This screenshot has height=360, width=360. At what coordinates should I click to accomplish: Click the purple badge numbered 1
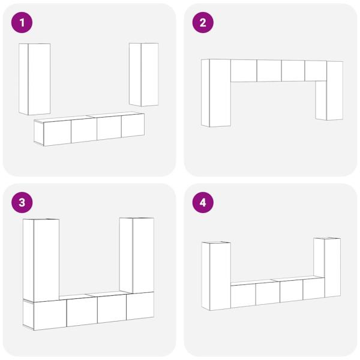coord(22,23)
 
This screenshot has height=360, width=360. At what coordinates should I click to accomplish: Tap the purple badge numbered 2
coord(203,23)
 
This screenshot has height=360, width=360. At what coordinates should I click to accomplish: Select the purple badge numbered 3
coord(22,203)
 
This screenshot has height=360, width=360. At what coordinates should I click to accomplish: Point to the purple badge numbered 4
coord(203,203)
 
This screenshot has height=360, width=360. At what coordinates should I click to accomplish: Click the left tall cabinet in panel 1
coord(35,79)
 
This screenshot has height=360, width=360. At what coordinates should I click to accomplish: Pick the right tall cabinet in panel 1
coord(144,74)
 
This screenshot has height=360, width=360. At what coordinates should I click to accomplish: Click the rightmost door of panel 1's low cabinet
coord(133,125)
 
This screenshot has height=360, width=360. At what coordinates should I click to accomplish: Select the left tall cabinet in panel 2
coord(216,92)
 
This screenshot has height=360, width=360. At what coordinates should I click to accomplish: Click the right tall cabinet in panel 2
coord(329,90)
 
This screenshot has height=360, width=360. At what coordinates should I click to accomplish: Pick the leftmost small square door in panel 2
coord(244,71)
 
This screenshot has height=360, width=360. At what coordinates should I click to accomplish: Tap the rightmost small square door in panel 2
coord(315,70)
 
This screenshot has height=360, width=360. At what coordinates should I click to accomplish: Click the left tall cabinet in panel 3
coord(42,259)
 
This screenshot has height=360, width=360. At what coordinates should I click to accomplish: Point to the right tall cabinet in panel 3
coord(137,255)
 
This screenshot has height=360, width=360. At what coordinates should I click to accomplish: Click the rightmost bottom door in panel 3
coord(140,305)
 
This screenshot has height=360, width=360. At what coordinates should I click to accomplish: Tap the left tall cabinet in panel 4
coord(216,275)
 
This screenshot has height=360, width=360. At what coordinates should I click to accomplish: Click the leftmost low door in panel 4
coord(242,296)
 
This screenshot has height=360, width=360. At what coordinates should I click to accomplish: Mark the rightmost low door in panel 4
coord(313,289)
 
